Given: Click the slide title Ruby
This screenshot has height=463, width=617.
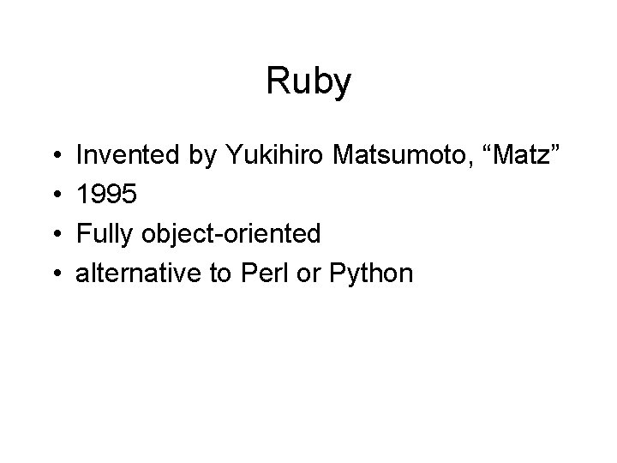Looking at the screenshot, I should [308, 82].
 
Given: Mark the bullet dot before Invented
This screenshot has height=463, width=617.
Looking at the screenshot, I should [54, 155].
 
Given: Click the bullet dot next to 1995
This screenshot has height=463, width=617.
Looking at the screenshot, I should [54, 195].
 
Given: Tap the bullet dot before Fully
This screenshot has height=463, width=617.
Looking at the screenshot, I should [54, 234].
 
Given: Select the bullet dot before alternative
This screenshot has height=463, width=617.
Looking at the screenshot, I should [54, 274].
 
